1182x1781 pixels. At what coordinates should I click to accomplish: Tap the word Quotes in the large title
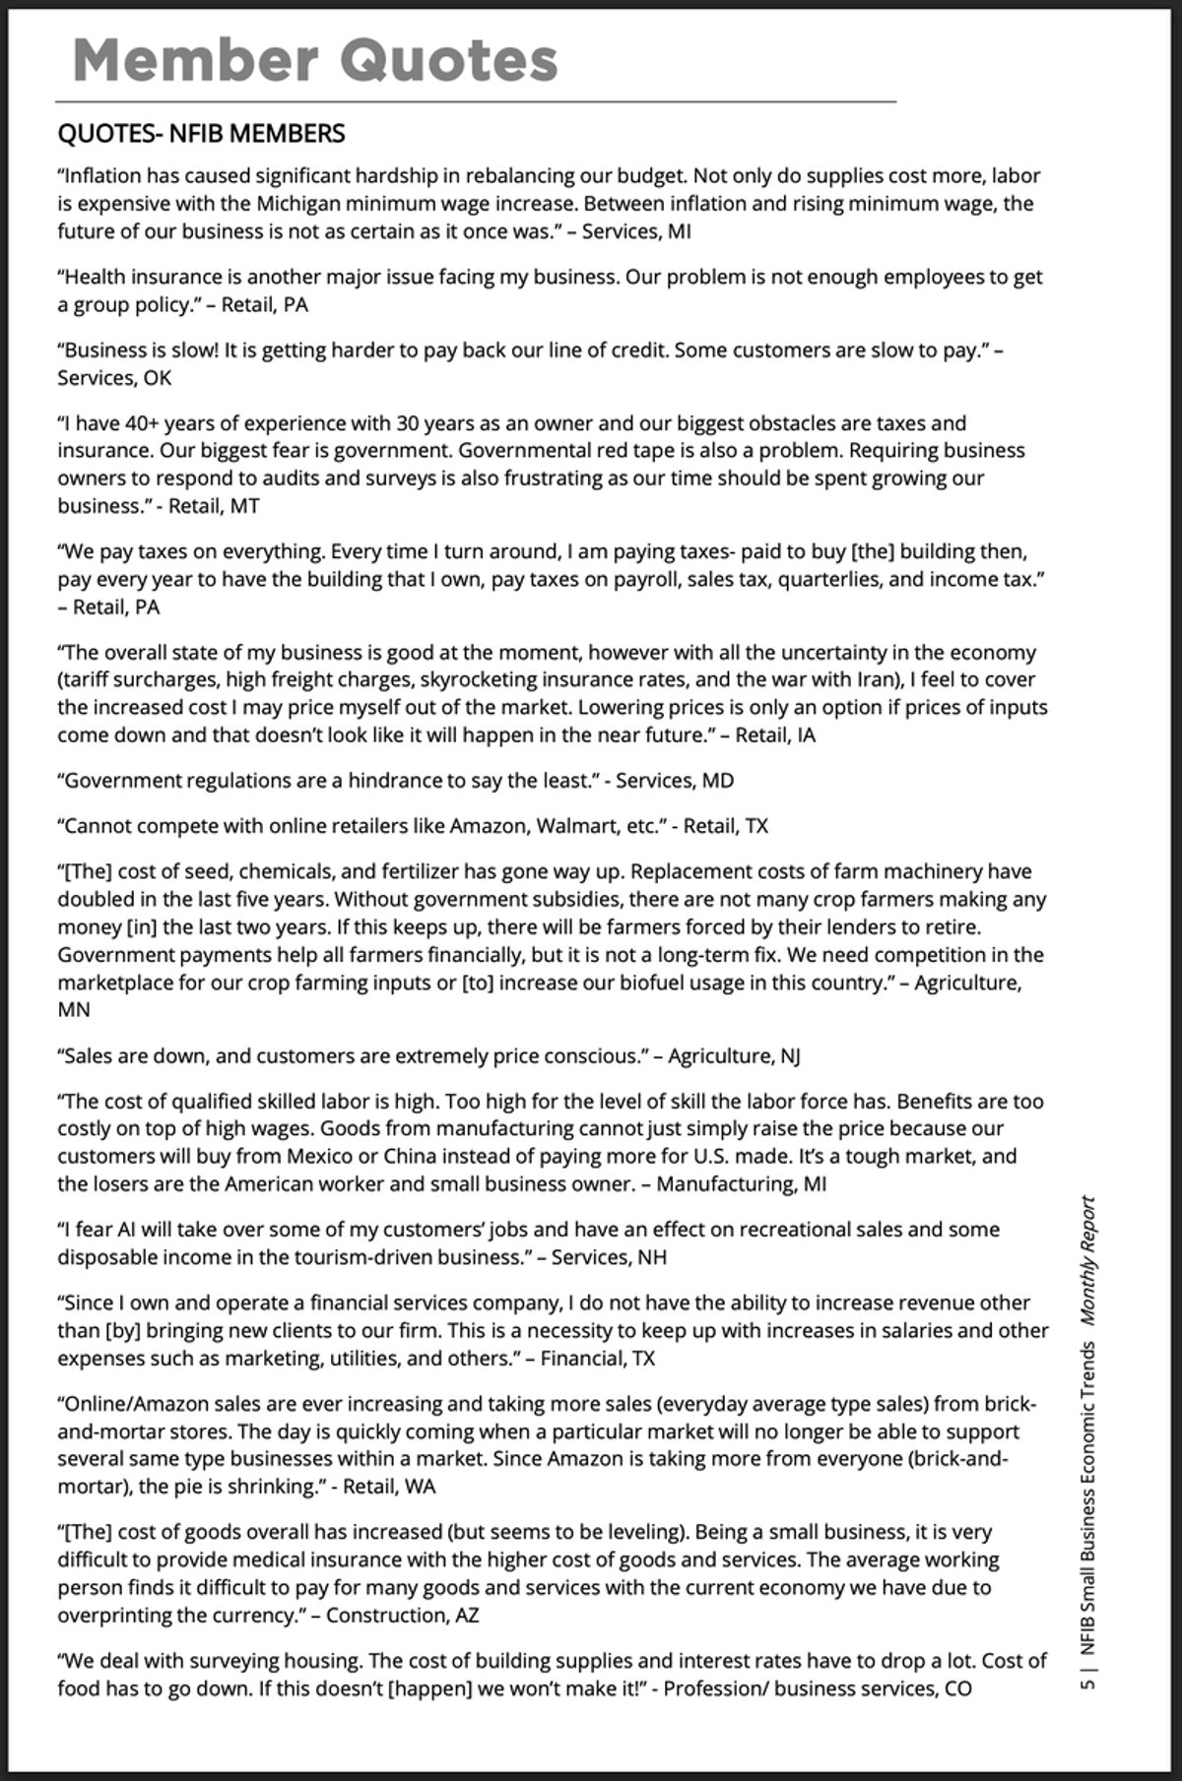coord(448,60)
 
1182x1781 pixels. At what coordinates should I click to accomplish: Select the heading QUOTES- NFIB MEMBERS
coord(201,133)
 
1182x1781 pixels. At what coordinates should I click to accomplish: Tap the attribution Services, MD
coord(675,781)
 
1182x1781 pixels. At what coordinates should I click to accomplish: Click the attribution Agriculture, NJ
coord(734,1056)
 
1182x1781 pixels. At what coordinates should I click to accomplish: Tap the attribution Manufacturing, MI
coord(741,1183)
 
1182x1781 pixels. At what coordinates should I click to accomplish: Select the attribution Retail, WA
coord(389,1487)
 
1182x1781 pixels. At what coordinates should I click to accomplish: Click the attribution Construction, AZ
coord(403,1616)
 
